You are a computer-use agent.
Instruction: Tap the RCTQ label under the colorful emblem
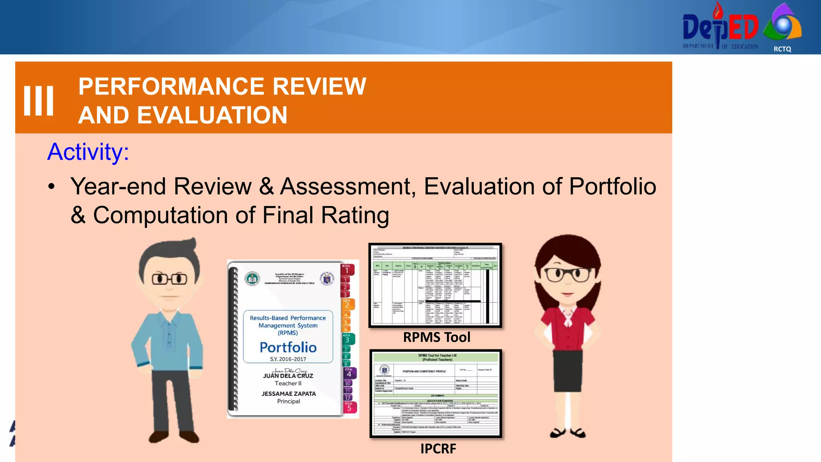(x=782, y=49)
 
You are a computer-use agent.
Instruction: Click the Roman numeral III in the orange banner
(x=38, y=101)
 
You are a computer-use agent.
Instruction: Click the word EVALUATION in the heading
(x=212, y=115)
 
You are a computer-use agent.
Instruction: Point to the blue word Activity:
(x=88, y=152)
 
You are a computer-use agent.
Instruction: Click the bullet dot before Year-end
(x=51, y=187)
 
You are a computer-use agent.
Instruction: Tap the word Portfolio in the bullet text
(x=612, y=186)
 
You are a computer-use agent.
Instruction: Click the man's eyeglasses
(x=170, y=279)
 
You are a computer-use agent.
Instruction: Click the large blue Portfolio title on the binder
(x=288, y=347)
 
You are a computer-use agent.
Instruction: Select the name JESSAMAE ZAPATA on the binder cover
(x=289, y=394)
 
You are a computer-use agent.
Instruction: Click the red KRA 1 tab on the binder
(x=347, y=269)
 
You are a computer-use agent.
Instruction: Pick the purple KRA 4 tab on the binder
(x=349, y=372)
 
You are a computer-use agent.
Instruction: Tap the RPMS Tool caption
(x=437, y=337)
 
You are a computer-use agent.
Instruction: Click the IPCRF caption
(x=438, y=449)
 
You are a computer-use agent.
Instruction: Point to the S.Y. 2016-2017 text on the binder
(x=288, y=359)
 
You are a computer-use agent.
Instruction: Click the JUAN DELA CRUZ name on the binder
(x=288, y=376)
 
